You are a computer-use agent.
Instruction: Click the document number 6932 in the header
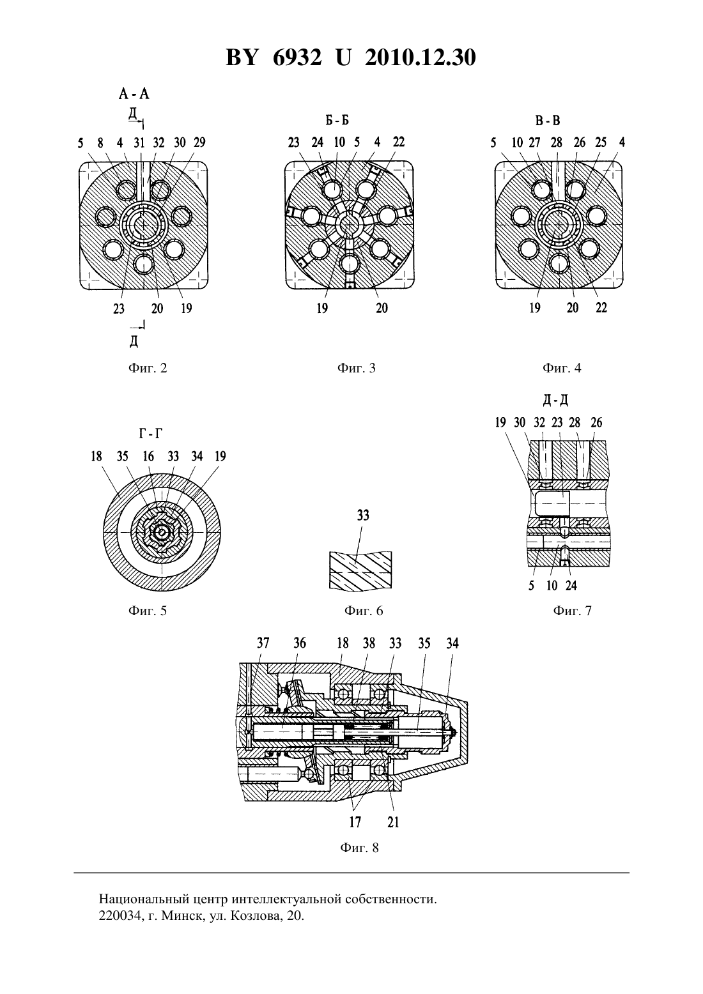297,57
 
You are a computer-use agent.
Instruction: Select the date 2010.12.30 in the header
421,57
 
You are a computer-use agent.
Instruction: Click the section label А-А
134,94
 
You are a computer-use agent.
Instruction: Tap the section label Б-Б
337,120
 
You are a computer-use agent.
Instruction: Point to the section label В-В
548,120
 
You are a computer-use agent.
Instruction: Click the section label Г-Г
151,434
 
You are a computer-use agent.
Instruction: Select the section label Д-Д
555,401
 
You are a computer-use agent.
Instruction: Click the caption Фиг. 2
148,368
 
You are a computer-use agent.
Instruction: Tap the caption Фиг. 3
357,368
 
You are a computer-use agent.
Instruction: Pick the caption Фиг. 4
561,368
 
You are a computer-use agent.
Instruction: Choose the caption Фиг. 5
148,611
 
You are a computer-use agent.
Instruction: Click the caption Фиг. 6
364,611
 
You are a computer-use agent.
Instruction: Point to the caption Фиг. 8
359,848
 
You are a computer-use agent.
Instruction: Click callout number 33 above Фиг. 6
363,516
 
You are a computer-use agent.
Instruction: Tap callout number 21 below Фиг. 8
393,822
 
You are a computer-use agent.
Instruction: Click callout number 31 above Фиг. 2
139,142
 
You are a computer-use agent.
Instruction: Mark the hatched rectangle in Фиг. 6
360,571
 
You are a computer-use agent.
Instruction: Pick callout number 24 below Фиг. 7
571,586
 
